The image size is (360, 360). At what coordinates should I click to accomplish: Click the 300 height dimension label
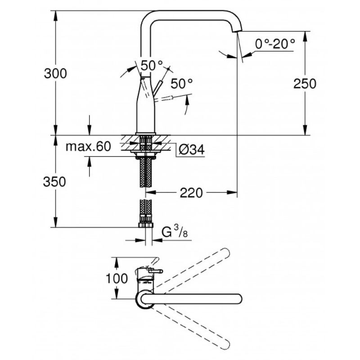pos(55,74)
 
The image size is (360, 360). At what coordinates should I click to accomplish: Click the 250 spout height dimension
pos(305,84)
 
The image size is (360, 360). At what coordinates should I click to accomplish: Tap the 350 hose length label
pos(54,182)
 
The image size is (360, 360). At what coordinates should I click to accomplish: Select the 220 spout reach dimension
pos(191,193)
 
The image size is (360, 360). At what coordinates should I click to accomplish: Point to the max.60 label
pos(88,146)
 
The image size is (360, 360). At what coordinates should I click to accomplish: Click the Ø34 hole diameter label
pos(192,150)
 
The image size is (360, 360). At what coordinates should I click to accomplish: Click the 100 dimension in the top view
pos(117,279)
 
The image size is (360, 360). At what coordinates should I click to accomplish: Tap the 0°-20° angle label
pos(275,44)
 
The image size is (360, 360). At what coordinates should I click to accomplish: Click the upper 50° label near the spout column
pos(152,66)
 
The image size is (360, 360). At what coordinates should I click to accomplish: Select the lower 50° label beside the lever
pos(182,84)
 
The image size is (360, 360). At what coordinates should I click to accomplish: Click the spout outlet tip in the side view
pos(237,30)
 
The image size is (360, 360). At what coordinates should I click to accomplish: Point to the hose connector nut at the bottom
pos(146,225)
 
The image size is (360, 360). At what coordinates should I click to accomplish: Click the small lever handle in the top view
pos(156,271)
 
